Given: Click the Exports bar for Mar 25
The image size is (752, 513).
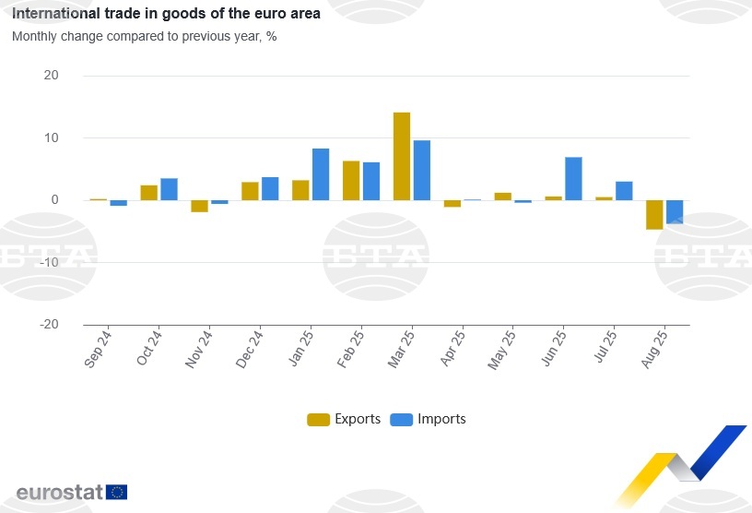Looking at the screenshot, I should tap(402, 156).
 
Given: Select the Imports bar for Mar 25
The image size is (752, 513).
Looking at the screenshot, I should tap(422, 170).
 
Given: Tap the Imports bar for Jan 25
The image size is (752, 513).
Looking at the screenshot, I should tap(321, 174).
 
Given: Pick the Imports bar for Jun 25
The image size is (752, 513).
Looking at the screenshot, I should tap(573, 178).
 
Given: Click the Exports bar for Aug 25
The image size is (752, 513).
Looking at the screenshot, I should tap(654, 214).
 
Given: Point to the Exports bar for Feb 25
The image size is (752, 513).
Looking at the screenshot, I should tap(351, 180).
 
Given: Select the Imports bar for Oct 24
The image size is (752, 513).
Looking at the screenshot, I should tap(169, 189).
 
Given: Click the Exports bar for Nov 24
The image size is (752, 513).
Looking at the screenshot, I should tap(199, 206).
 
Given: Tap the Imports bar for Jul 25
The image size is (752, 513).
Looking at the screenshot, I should tap(624, 190).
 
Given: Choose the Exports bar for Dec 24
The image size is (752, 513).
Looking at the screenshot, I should tap(250, 191).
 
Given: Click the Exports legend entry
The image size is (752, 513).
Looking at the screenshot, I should tap(344, 419).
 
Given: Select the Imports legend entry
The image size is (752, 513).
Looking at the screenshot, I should tap(429, 419).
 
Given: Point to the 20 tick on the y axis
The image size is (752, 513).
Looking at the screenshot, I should tap(52, 76).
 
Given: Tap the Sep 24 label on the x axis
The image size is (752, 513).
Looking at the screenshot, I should tap(98, 349).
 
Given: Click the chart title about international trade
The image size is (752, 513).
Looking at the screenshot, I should tap(166, 15).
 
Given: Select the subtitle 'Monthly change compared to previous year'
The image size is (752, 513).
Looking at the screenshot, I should tap(144, 37).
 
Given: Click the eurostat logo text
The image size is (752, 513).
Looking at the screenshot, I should tap(58, 492).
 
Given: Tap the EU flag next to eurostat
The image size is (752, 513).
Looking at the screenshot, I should tap(117, 492).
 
